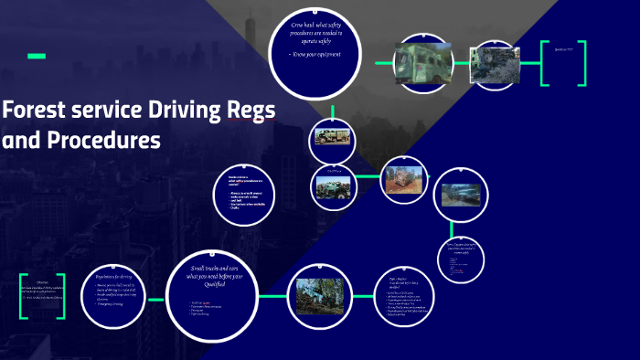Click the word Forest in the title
pyautogui.click(x=34, y=111)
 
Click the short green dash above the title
pyautogui.click(x=37, y=57)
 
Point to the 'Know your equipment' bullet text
pyautogui.click(x=315, y=55)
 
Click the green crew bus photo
pyautogui.click(x=422, y=63)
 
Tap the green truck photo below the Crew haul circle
pyautogui.click(x=331, y=138)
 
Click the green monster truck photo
pyautogui.click(x=332, y=185)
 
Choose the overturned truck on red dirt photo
pyautogui.click(x=402, y=178)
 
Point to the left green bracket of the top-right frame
pyautogui.click(x=545, y=63)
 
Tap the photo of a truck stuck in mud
pyautogui.click(x=459, y=194)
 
